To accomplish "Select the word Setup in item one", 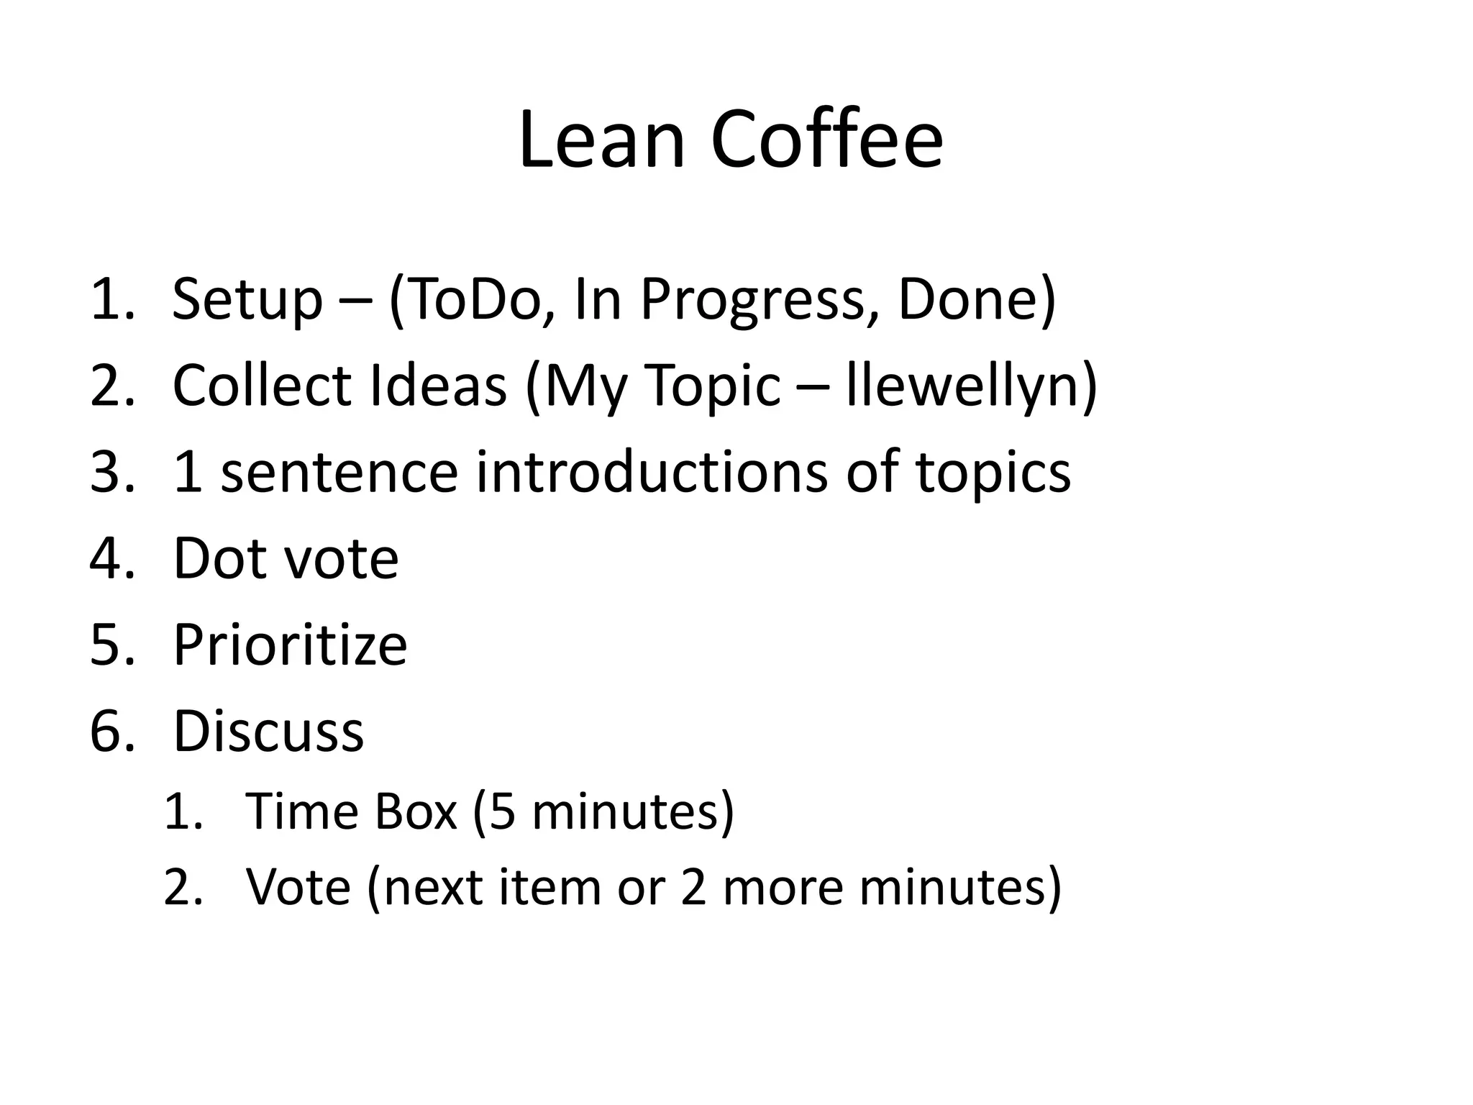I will (247, 300).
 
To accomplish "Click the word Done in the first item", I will (968, 300).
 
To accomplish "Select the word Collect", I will (262, 386).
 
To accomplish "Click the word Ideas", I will (438, 386).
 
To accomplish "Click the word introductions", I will (652, 473).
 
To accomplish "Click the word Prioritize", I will (290, 645).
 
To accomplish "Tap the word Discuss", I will (268, 732).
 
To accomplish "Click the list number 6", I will (106, 732).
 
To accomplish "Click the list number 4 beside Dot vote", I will (106, 559).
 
